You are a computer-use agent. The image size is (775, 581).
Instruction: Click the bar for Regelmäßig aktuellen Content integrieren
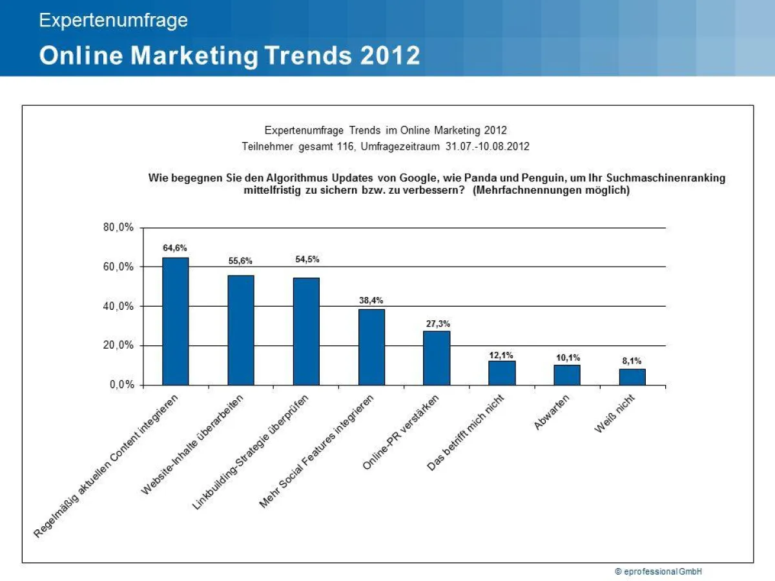175,321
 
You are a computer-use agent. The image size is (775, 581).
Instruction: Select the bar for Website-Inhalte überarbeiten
241,330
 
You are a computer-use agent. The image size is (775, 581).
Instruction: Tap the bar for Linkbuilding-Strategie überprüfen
306,331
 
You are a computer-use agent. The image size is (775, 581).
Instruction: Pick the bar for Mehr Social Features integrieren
371,347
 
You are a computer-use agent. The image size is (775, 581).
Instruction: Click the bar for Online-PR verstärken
437,358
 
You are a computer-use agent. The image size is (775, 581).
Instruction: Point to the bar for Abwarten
567,375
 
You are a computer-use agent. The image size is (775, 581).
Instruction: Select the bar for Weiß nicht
632,377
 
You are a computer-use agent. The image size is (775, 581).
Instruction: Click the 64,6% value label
175,248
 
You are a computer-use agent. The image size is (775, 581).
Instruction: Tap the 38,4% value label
371,300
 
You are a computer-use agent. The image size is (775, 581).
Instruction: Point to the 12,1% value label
502,356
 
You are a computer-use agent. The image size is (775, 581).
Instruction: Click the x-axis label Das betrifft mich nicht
465,433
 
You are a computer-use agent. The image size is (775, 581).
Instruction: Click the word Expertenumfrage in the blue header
114,21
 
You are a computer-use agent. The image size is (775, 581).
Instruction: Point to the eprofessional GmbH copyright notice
658,571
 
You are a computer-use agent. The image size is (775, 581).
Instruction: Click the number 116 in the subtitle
346,147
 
